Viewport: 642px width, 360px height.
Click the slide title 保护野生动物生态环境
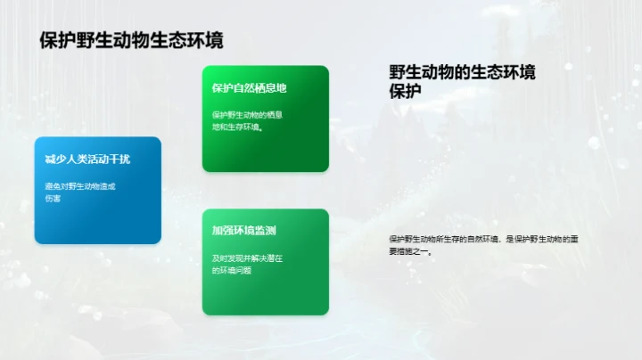click(131, 40)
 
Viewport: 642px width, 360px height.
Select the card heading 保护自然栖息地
click(249, 88)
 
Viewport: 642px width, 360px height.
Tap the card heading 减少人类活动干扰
click(87, 160)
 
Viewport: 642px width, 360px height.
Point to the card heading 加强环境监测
click(243, 231)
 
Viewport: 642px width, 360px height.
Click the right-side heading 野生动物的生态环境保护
click(462, 80)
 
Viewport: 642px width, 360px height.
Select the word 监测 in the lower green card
click(263, 231)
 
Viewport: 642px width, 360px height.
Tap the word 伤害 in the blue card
click(53, 199)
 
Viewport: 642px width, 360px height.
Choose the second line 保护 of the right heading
click(406, 90)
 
